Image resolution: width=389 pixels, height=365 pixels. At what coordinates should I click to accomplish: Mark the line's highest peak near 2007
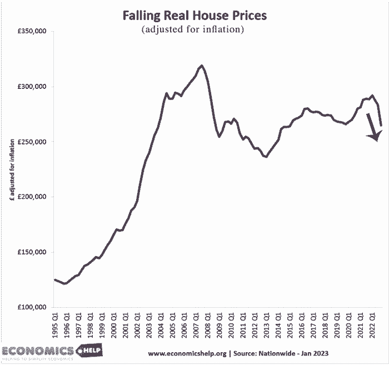tap(201, 66)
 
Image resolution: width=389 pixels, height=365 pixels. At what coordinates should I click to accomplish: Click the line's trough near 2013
tap(266, 157)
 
